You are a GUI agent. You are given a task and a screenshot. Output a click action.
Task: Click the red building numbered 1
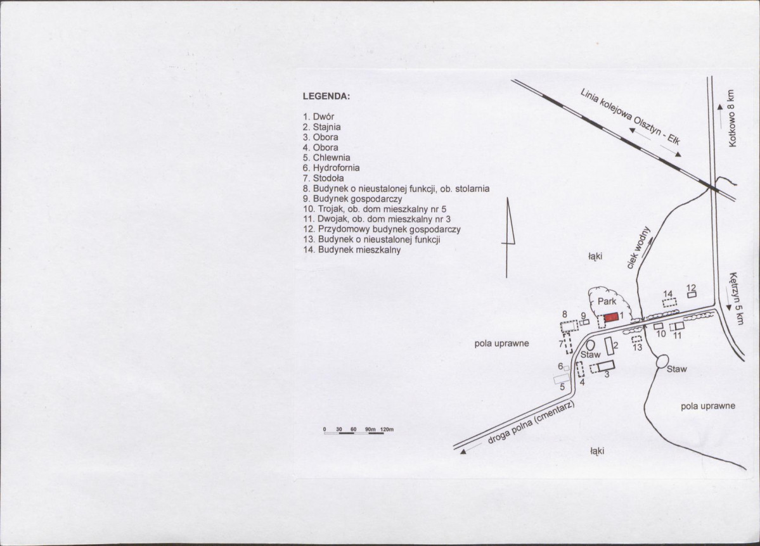coord(610,317)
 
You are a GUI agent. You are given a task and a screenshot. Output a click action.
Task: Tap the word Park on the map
coord(607,302)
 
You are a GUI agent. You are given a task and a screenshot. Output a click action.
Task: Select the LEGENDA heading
coord(326,97)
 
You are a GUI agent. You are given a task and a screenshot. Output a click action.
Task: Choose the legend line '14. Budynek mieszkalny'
coord(352,250)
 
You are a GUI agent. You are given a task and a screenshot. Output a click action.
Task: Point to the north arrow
coord(510,238)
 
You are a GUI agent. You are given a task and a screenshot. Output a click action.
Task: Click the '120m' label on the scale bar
coord(387,429)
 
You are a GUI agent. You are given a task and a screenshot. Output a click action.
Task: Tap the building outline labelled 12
coord(692,294)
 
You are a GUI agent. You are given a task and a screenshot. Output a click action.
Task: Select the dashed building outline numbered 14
coord(669,303)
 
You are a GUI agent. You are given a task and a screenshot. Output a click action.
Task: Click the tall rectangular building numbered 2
coord(609,346)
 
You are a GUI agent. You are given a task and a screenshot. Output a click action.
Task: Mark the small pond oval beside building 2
coord(590,346)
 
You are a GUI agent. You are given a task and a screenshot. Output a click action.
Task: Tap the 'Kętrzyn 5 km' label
coord(734,298)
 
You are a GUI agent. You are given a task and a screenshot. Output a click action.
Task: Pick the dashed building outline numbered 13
coord(637,339)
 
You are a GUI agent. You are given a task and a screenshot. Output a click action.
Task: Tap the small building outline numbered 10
coord(658,326)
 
